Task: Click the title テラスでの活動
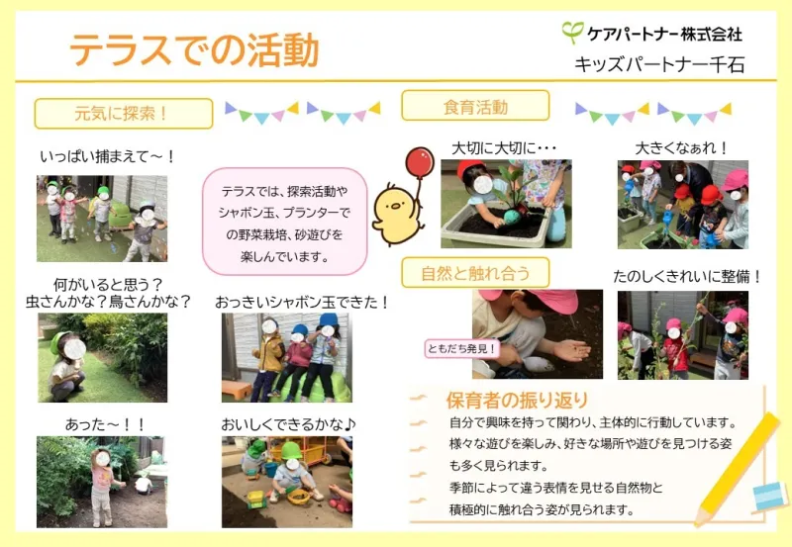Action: click(x=194, y=50)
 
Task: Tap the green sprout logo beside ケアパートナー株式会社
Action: click(x=573, y=33)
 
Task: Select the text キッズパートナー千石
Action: click(x=659, y=64)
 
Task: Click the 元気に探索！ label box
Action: click(x=124, y=114)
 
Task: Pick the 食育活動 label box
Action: click(x=475, y=106)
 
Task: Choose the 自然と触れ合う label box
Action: click(x=475, y=272)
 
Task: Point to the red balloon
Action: click(x=420, y=162)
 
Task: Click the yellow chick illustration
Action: click(x=397, y=215)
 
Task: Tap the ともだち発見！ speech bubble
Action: click(x=462, y=349)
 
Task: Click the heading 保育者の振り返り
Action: click(x=517, y=401)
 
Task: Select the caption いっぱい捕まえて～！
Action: click(x=108, y=157)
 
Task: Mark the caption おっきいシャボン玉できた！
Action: click(x=303, y=303)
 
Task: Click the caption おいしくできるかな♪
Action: click(x=288, y=424)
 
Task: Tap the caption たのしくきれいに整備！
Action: click(x=687, y=277)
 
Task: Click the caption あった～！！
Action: click(x=105, y=424)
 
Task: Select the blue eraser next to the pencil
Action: click(x=770, y=496)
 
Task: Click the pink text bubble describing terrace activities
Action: click(x=285, y=222)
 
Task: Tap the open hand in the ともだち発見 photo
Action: click(x=571, y=349)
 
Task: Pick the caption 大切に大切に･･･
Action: click(x=504, y=148)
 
